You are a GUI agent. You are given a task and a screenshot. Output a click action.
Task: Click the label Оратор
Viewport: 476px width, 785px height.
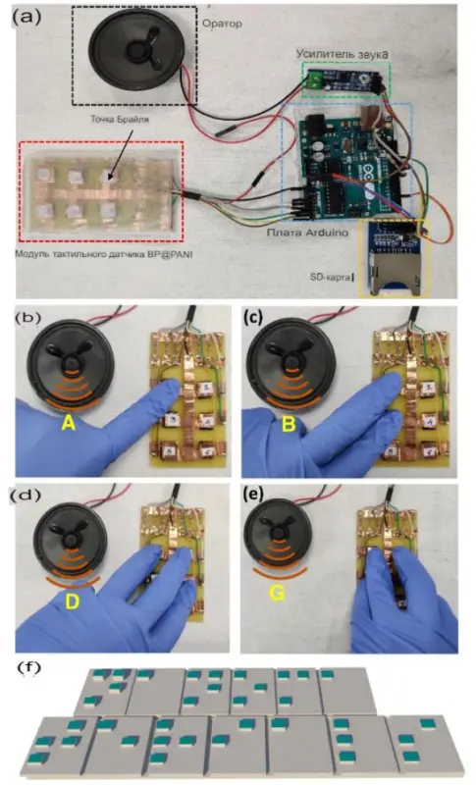(x=222, y=24)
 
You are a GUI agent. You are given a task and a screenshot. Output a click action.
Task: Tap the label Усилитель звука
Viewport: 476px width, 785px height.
(x=342, y=54)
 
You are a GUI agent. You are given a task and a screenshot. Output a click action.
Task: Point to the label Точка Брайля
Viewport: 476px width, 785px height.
(x=120, y=119)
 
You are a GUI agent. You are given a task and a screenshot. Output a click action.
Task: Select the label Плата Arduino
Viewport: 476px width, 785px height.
(x=307, y=233)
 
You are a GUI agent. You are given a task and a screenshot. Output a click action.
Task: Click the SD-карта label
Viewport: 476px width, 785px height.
(x=336, y=277)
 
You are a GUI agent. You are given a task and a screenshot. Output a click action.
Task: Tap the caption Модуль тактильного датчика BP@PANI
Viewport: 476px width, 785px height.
(x=104, y=254)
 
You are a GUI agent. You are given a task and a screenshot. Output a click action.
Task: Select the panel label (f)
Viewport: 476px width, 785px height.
(x=30, y=668)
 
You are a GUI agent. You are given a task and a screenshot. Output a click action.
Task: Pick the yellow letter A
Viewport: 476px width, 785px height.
(x=68, y=424)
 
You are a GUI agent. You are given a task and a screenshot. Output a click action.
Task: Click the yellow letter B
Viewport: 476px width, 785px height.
(x=289, y=425)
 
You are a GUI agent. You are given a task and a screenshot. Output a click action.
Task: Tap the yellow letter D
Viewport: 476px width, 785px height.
(x=73, y=601)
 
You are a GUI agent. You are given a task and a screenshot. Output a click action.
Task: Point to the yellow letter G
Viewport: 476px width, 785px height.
(x=277, y=594)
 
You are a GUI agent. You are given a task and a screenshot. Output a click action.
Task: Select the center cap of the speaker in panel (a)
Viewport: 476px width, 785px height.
(x=135, y=50)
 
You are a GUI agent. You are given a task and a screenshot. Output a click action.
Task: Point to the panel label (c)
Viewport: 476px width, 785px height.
(x=255, y=317)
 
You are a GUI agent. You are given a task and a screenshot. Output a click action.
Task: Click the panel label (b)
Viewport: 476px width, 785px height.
(x=28, y=317)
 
